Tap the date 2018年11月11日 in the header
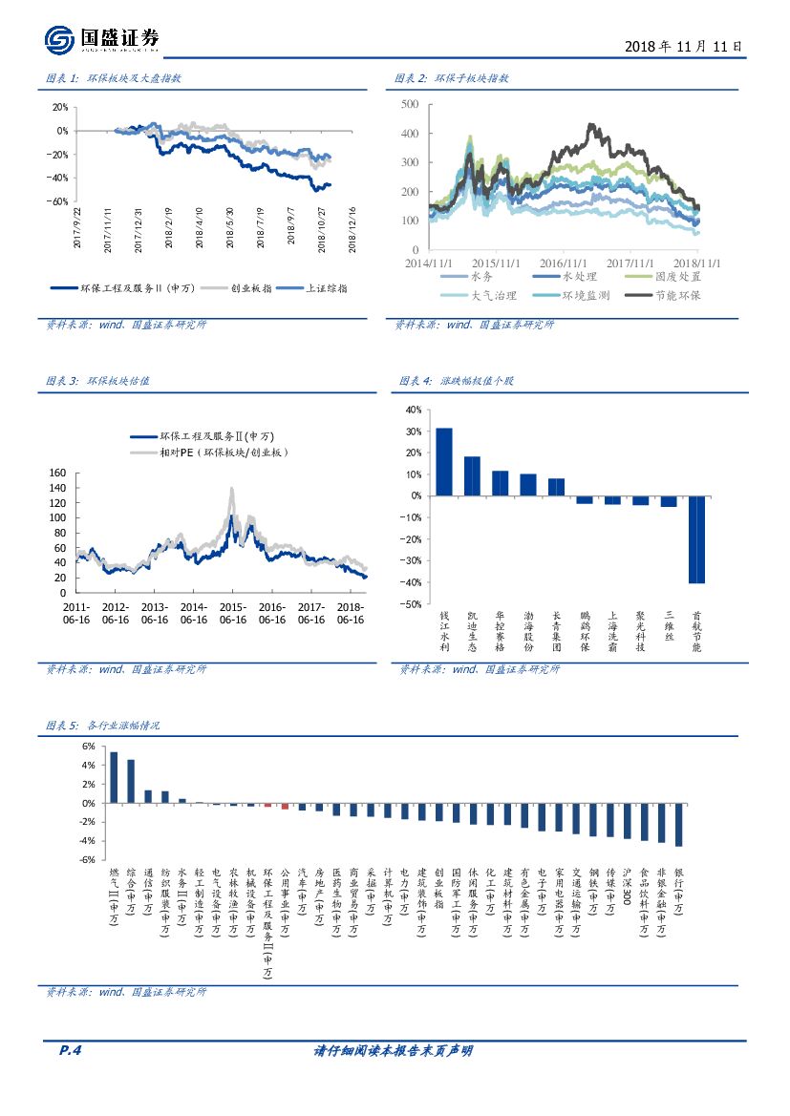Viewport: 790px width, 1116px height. (x=682, y=46)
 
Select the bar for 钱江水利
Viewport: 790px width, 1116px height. (x=444, y=461)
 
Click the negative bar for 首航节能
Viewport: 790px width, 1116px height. (x=696, y=539)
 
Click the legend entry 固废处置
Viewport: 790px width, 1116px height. (x=675, y=276)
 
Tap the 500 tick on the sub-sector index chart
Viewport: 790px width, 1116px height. (x=411, y=103)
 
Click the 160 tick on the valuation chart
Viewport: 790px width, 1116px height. (x=56, y=473)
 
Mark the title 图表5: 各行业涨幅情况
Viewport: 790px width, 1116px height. (x=103, y=726)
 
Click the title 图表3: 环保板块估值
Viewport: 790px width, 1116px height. (x=97, y=380)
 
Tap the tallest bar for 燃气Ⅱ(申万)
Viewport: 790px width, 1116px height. (x=114, y=777)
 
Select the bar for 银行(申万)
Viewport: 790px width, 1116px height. (x=678, y=824)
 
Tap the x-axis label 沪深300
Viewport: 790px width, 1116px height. (x=627, y=887)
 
